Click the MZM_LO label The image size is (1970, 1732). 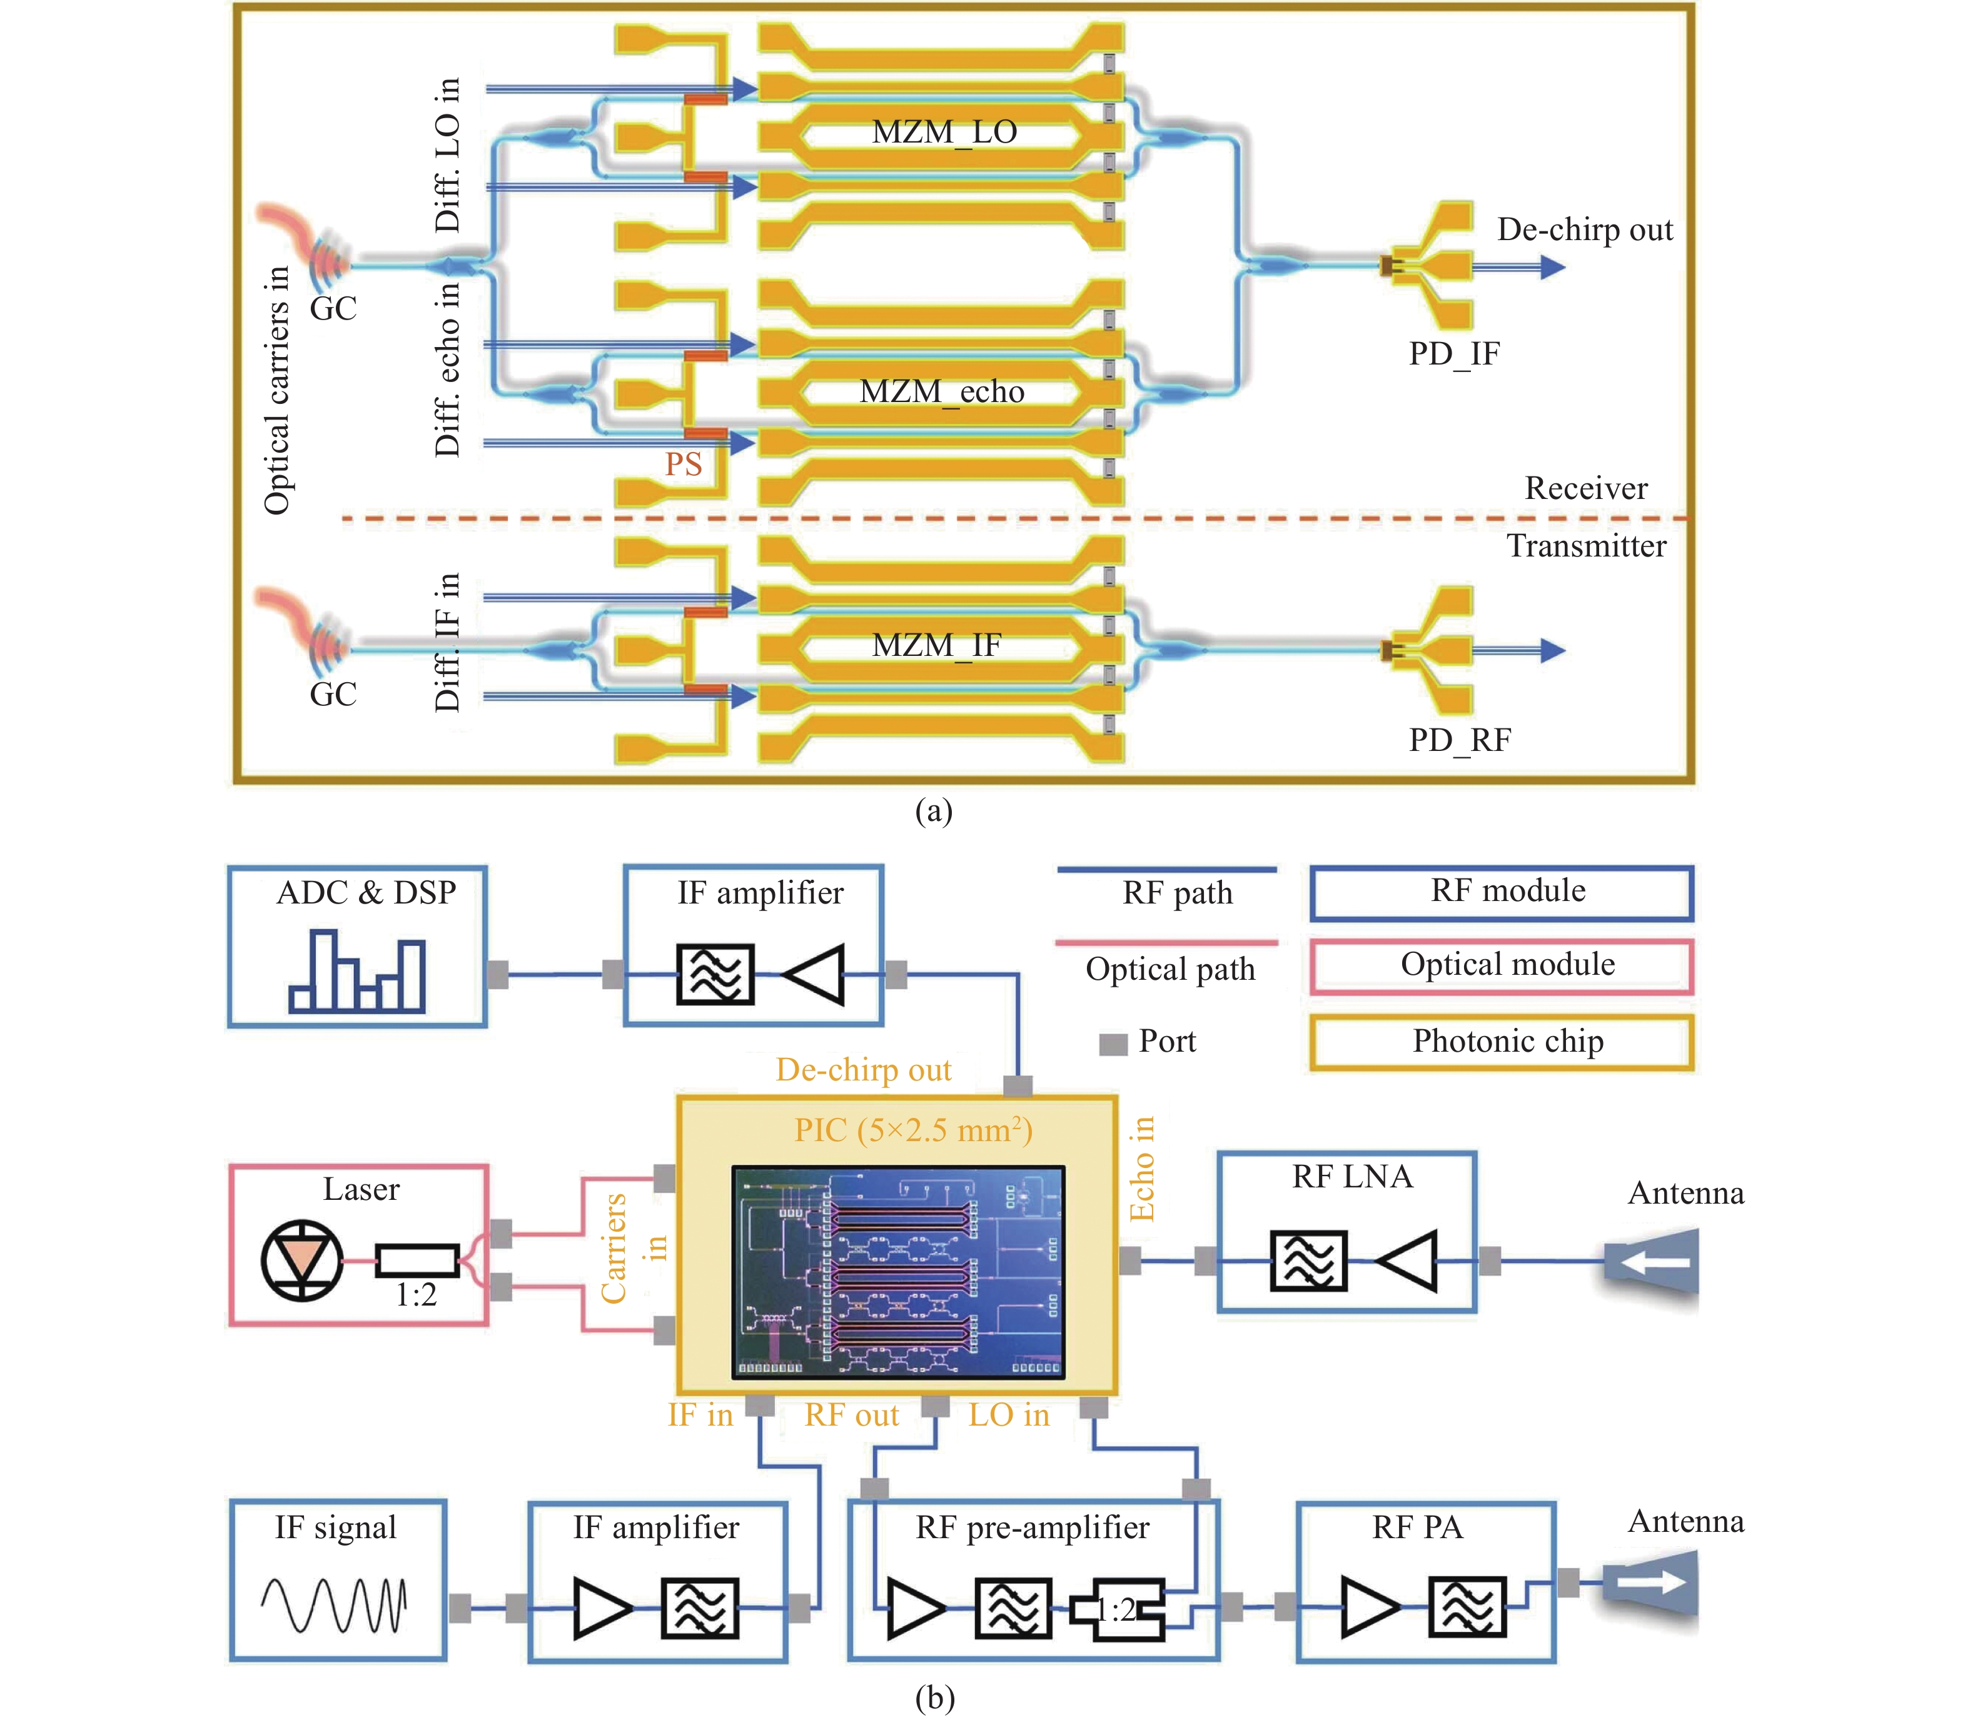(x=944, y=132)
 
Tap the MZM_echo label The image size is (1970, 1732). (x=942, y=392)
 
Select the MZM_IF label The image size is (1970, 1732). (x=937, y=645)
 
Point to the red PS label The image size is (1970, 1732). (x=684, y=465)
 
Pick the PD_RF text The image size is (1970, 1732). (x=1459, y=740)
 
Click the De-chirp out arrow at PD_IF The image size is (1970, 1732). (x=1518, y=267)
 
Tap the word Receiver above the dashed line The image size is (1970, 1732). (x=1585, y=488)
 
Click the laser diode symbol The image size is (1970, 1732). (x=301, y=1260)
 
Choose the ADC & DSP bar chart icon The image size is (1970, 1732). (x=356, y=972)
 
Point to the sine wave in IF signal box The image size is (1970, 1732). (x=333, y=1605)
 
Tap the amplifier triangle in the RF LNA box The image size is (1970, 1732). (x=1407, y=1260)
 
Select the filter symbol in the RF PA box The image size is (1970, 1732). (x=1466, y=1607)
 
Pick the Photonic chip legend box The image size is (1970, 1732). (x=1500, y=1042)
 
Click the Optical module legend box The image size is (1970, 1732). (x=1500, y=966)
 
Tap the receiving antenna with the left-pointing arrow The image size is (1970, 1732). (x=1651, y=1261)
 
